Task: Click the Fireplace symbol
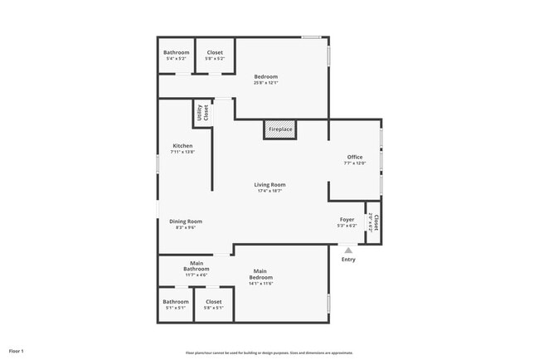click(x=280, y=130)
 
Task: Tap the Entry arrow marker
click(x=348, y=249)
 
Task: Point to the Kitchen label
click(x=182, y=146)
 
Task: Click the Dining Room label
click(x=186, y=221)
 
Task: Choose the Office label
click(x=355, y=157)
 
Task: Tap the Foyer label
click(x=347, y=220)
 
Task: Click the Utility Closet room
click(x=202, y=114)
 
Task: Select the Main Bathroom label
click(x=197, y=266)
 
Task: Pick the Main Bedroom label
click(x=260, y=274)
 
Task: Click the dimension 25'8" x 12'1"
click(x=266, y=82)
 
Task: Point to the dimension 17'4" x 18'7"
click(x=270, y=191)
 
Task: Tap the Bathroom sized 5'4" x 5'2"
click(x=177, y=55)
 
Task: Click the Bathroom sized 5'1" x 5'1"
click(x=176, y=304)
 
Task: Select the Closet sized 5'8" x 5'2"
click(x=215, y=55)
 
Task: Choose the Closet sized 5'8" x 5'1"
click(x=213, y=304)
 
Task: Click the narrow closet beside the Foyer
click(x=373, y=222)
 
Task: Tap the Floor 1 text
click(x=17, y=352)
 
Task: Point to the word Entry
click(x=348, y=260)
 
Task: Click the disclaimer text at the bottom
click(x=269, y=353)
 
